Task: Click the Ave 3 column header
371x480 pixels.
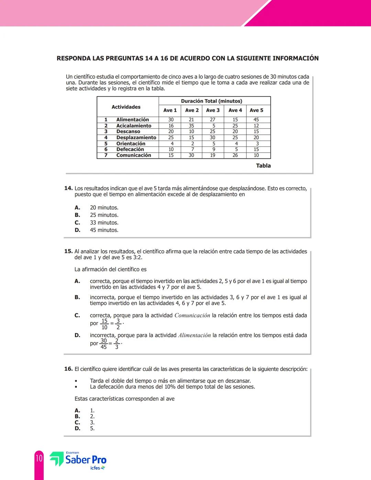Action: coord(213,110)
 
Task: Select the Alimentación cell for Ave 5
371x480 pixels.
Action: coord(256,120)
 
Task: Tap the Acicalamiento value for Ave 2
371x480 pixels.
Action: coord(191,126)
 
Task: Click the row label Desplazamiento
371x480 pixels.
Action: coord(136,137)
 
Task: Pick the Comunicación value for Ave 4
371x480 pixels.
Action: coord(235,155)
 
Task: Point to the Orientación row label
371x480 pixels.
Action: coord(131,144)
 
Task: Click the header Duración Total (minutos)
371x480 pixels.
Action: coord(211,101)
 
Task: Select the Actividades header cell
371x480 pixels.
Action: coord(126,107)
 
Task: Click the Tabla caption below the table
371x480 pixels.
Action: coord(263,166)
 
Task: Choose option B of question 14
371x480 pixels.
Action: coord(78,215)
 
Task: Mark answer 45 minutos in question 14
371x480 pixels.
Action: coord(104,230)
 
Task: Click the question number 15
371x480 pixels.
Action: coord(68,251)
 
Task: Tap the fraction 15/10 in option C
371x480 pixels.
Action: coord(104,324)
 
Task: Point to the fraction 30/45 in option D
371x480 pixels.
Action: coord(103,344)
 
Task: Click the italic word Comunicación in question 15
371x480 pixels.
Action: coord(192,315)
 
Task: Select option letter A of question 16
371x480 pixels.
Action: coord(78,411)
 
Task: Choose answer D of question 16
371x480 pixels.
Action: coord(78,428)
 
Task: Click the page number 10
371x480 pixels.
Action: coord(39,458)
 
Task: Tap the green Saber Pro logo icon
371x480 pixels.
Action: coord(57,459)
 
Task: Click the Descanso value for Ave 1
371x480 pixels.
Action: coord(171,132)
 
